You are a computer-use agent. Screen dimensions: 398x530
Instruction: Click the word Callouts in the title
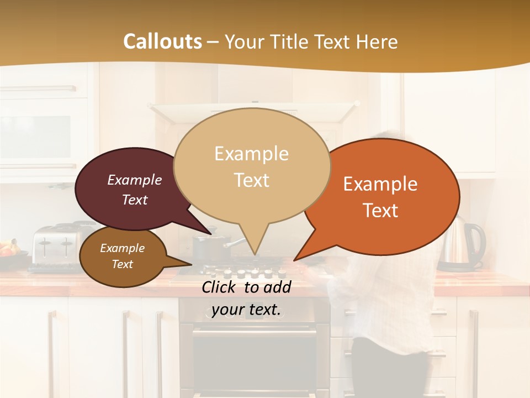point(162,41)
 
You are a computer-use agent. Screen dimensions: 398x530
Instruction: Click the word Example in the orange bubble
point(380,184)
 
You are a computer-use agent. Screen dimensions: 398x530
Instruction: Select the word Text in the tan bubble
point(252,180)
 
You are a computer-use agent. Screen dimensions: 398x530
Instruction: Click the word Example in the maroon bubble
point(134,180)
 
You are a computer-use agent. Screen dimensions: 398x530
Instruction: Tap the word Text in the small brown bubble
point(123,264)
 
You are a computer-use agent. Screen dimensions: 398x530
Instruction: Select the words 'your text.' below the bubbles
point(246,310)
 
